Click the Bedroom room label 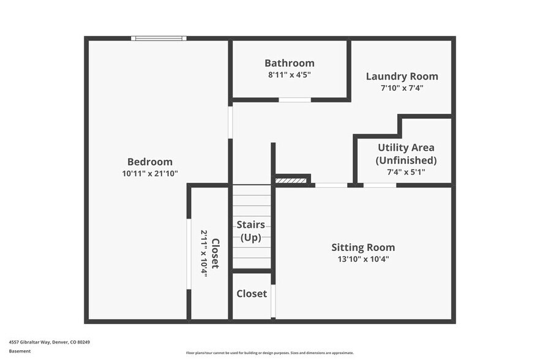pyautogui.click(x=149, y=162)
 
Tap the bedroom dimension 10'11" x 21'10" pyautogui.click(x=149, y=173)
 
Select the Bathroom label pyautogui.click(x=289, y=63)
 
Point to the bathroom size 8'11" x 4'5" pyautogui.click(x=289, y=75)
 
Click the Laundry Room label pyautogui.click(x=402, y=77)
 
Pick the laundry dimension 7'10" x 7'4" pyautogui.click(x=402, y=88)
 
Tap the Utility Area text pyautogui.click(x=406, y=148)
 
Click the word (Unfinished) pyautogui.click(x=406, y=160)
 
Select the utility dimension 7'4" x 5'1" pyautogui.click(x=406, y=172)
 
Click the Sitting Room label pyautogui.click(x=363, y=247)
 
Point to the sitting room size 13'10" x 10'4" pyautogui.click(x=363, y=259)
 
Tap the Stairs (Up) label pyautogui.click(x=250, y=231)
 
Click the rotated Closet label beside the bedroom pyautogui.click(x=215, y=253)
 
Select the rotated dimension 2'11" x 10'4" pyautogui.click(x=204, y=253)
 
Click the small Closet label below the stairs pyautogui.click(x=252, y=294)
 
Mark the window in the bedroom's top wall pyautogui.click(x=159, y=39)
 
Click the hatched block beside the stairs pyautogui.click(x=290, y=181)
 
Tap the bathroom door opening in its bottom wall pyautogui.click(x=294, y=99)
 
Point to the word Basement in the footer pyautogui.click(x=20, y=351)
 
